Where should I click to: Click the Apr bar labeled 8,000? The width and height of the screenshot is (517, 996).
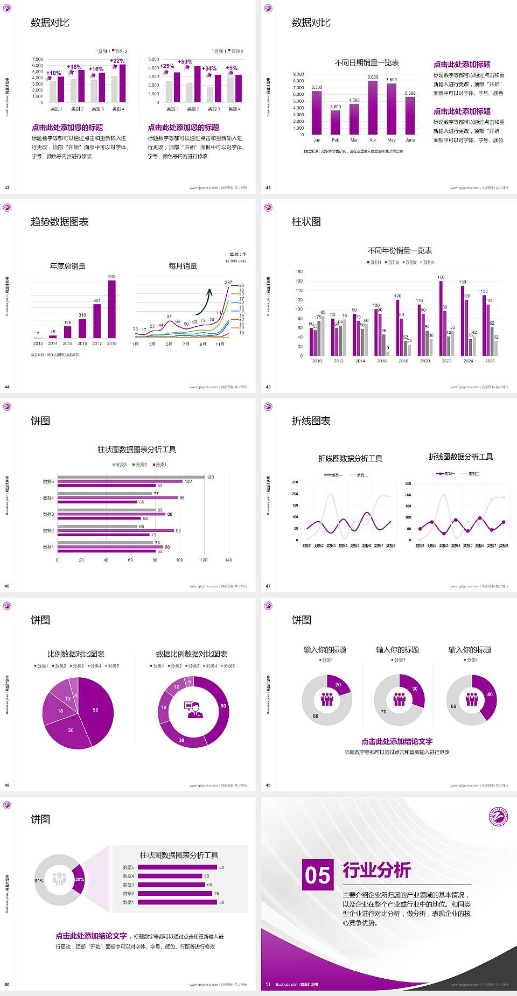tap(373, 108)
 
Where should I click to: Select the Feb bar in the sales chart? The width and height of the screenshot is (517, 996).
tap(336, 122)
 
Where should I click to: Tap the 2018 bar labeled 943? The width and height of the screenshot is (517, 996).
tap(111, 309)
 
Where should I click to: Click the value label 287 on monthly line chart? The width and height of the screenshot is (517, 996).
tap(228, 282)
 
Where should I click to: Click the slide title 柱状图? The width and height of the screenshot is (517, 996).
tap(306, 222)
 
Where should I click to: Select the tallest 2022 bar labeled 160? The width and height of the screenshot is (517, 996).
tap(441, 318)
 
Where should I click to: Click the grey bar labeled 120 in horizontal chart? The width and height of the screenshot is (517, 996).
tap(131, 477)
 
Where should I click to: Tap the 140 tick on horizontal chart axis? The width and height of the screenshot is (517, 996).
tap(228, 560)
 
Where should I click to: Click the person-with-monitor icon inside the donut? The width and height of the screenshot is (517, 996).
tap(193, 709)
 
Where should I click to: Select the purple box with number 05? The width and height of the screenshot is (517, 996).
tap(318, 874)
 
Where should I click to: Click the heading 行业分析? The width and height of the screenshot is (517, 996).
tap(376, 869)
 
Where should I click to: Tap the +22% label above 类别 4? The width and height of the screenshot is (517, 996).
tap(117, 61)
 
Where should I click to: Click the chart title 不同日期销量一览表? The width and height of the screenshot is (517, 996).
tap(366, 63)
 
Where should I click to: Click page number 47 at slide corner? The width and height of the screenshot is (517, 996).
tap(268, 586)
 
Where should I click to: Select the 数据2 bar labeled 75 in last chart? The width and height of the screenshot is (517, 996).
tap(174, 893)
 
